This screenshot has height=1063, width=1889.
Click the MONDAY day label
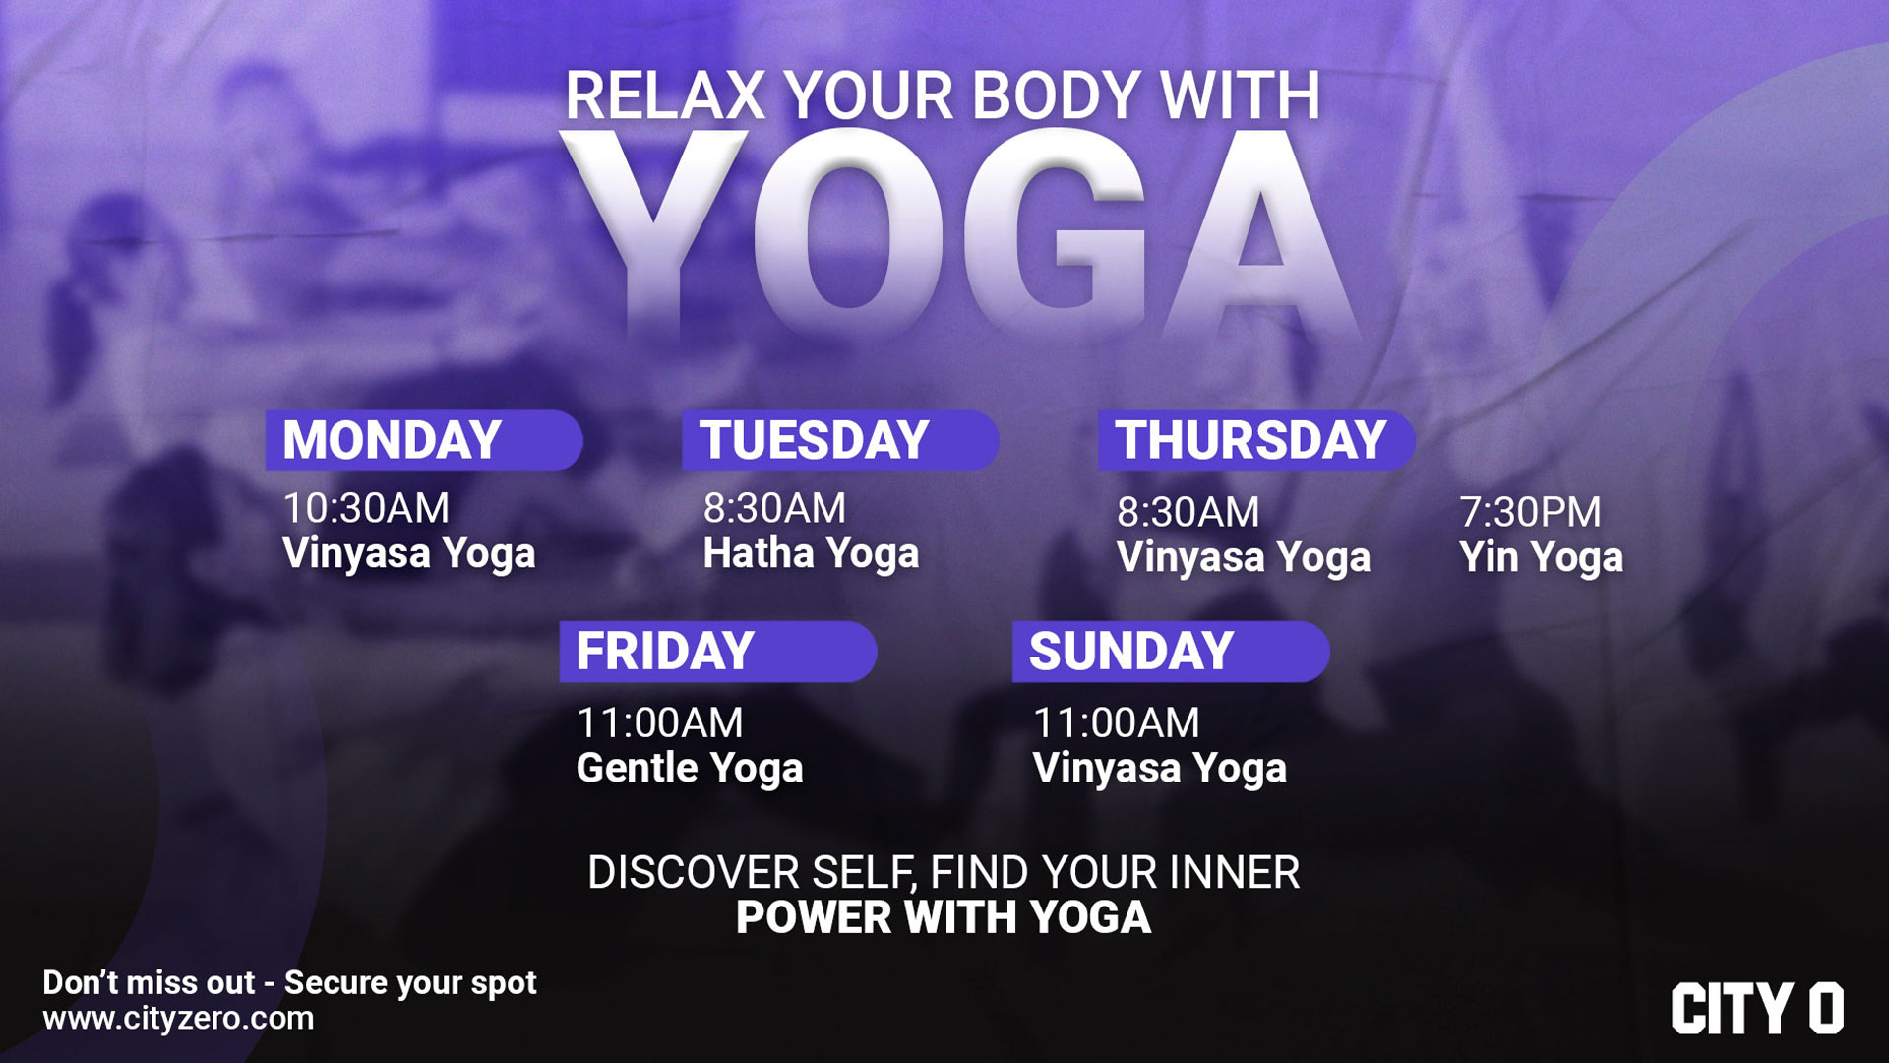coord(392,440)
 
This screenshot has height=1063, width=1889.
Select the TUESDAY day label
coord(814,440)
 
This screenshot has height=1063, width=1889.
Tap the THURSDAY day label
coord(1250,440)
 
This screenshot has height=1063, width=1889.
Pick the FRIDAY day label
coord(665,652)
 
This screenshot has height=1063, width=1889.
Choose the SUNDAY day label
coord(1131,652)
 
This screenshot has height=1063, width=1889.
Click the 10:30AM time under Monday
coord(366,508)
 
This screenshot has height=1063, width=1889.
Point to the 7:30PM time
coord(1530,512)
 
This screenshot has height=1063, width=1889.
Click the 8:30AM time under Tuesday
coord(774,508)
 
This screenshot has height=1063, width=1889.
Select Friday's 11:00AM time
coord(660,723)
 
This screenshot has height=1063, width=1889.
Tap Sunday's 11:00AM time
coord(1117,723)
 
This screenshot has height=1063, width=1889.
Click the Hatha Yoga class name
coord(811,555)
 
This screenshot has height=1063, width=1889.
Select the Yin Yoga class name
coord(1541,559)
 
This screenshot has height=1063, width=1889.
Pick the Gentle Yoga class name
coord(690,770)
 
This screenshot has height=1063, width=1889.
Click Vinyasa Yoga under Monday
coord(409,555)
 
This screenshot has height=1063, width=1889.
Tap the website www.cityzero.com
coord(178,1019)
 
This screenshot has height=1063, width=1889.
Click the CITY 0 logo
coord(1757,1009)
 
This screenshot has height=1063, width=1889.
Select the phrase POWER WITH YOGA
coord(944,917)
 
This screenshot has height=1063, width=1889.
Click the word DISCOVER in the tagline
coord(694,873)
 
